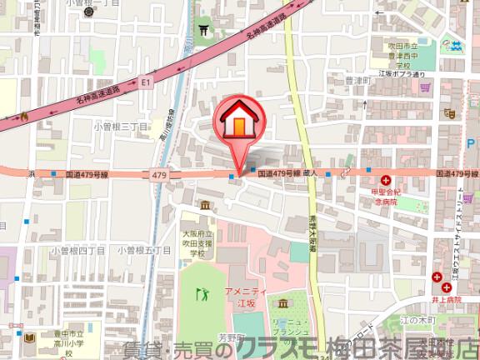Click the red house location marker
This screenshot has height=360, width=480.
point(237,123)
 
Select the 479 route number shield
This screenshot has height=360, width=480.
point(160,174)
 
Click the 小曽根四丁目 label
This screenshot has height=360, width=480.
point(76,249)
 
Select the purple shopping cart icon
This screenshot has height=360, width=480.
point(425,83)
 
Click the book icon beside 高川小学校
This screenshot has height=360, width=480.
point(29,337)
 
